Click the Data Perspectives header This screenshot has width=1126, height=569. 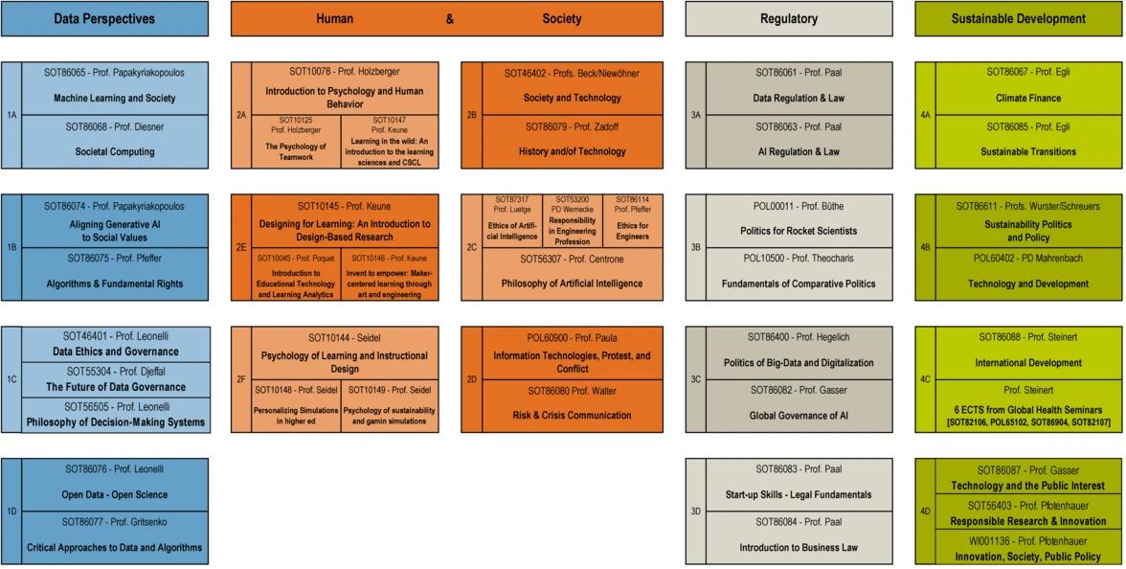click(104, 18)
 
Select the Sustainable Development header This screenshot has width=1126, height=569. click(1018, 18)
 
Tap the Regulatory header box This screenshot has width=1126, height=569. click(788, 18)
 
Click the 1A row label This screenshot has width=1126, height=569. click(11, 115)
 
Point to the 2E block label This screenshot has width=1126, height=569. click(241, 247)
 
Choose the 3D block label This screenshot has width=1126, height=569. click(696, 511)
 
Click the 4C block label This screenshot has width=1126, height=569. click(925, 379)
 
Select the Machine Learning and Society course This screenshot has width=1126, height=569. click(114, 98)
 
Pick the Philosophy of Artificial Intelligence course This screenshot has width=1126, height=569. click(572, 284)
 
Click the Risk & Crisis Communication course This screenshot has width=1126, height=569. click(572, 416)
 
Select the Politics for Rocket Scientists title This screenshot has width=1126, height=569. click(799, 231)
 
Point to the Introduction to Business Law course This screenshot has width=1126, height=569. click(799, 547)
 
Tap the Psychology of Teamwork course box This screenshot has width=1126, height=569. click(296, 151)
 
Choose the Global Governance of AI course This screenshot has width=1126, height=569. click(799, 416)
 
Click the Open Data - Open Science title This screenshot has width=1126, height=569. click(114, 494)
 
